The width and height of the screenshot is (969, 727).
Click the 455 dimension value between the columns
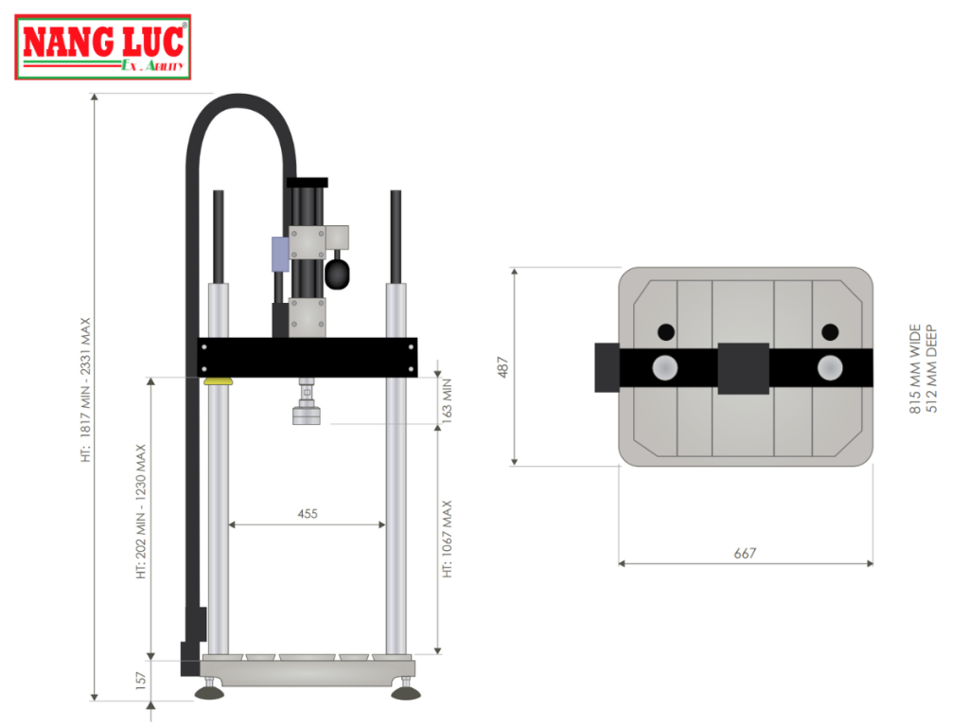pos(308,513)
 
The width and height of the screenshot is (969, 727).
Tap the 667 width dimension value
pos(745,553)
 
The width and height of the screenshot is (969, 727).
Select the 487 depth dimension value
pos(503,366)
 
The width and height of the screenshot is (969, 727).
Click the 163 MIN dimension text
pos(448,399)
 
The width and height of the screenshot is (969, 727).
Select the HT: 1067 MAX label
pos(448,540)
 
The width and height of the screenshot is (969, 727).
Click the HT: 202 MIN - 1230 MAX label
pos(142,511)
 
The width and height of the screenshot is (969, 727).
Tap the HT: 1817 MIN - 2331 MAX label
pos(85,388)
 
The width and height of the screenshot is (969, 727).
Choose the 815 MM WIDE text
pos(915,369)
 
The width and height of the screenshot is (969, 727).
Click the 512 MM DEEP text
pos(932,369)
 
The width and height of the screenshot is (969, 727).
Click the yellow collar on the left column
pos(219,381)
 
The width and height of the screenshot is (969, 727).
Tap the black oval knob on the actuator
pos(339,273)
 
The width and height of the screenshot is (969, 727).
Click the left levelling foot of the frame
pos(210,694)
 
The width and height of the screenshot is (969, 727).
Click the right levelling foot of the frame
pos(407,694)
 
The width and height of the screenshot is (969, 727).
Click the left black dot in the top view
pos(666,331)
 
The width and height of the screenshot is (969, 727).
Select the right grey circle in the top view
pos(830,367)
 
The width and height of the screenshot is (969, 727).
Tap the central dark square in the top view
pos(743,368)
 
